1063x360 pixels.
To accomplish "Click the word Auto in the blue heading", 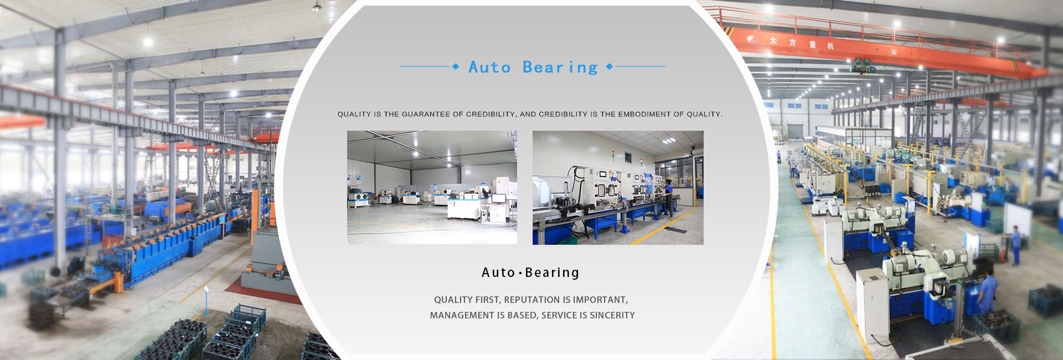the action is pyautogui.click(x=489, y=67).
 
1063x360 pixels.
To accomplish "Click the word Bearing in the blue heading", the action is pyautogui.click(x=560, y=68).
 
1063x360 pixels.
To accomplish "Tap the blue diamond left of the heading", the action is pyautogui.click(x=456, y=66).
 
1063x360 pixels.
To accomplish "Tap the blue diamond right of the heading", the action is pyautogui.click(x=610, y=66).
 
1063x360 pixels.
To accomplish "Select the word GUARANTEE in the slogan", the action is pyautogui.click(x=426, y=114).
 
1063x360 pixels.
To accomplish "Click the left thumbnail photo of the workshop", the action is pyautogui.click(x=432, y=187).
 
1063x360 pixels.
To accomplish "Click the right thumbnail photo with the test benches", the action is pyautogui.click(x=618, y=187).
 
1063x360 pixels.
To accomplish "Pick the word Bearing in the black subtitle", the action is pyautogui.click(x=552, y=272).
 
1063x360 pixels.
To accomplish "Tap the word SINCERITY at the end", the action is pyautogui.click(x=612, y=315).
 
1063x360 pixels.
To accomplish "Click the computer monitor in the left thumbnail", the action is pyautogui.click(x=498, y=198).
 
